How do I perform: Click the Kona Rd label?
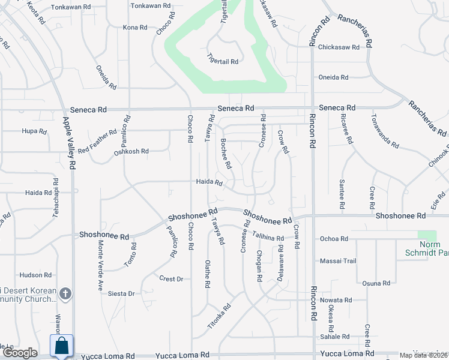135,28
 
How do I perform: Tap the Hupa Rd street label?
29,131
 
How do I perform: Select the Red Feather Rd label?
97,141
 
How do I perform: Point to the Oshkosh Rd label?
131,152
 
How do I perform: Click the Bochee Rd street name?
226,153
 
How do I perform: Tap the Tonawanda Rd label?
385,131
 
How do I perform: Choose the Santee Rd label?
342,194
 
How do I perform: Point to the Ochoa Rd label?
334,239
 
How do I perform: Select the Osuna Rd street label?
377,283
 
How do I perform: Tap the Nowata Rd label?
336,300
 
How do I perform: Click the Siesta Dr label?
121,293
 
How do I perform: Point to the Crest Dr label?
171,278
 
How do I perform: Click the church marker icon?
66,294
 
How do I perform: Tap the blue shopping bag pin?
62,346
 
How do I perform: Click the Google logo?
20,353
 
